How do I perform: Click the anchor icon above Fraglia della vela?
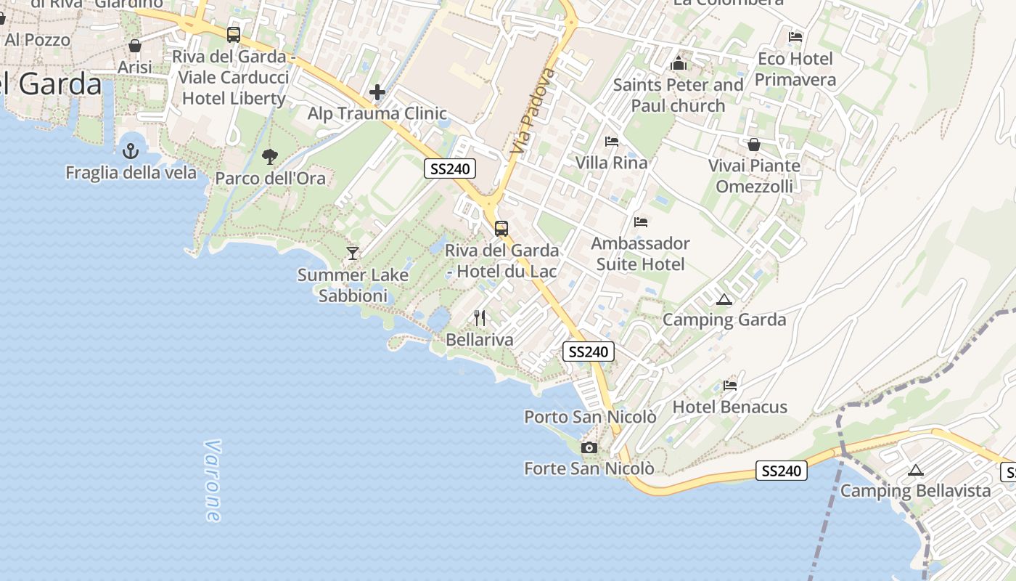tap(131, 151)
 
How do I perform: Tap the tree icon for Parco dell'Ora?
tap(270, 156)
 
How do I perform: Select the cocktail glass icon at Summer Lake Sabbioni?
tap(353, 253)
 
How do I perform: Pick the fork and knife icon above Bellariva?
tap(480, 317)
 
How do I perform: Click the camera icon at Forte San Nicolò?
tap(589, 447)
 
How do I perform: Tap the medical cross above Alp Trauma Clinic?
tap(377, 92)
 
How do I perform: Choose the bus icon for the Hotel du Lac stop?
tap(501, 229)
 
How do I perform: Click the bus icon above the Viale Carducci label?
tap(234, 34)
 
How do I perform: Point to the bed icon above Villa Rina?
tap(612, 141)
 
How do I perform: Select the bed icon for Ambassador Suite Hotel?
tap(640, 222)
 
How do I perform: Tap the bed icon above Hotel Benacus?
tap(730, 385)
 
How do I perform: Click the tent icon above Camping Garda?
tap(724, 299)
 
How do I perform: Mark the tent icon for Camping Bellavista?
tap(916, 470)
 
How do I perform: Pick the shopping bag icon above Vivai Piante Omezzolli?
tap(754, 145)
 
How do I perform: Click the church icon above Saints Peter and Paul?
tap(679, 63)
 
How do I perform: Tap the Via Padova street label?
tap(533, 111)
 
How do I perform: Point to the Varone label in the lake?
tap(212, 480)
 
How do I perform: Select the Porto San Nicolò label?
tap(590, 417)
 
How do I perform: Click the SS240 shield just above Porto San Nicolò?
tap(589, 352)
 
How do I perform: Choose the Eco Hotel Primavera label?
tap(795, 69)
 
